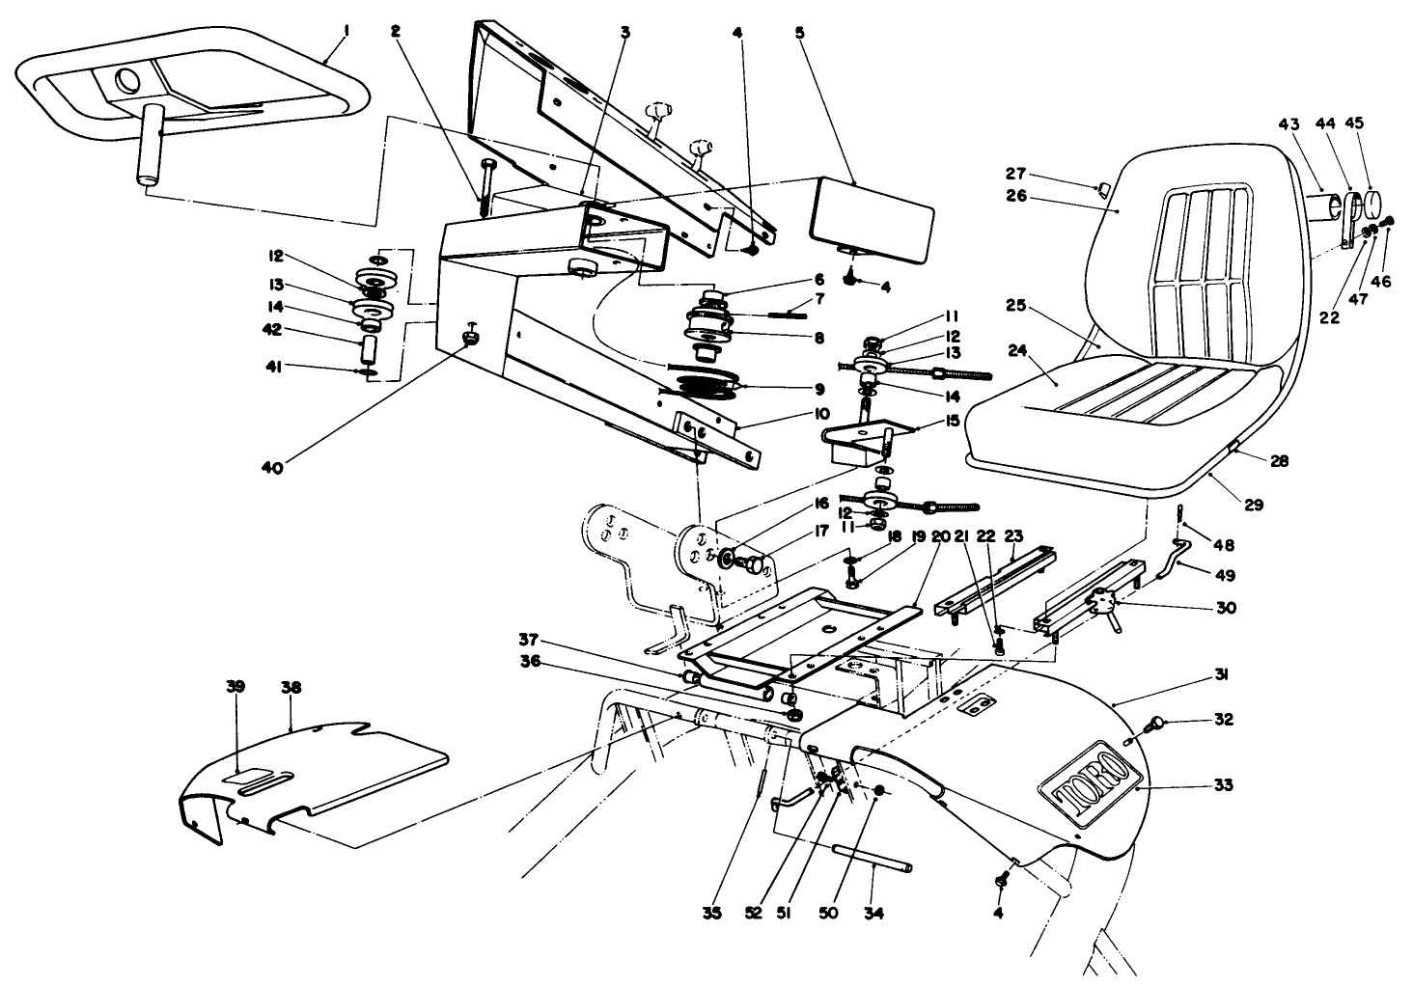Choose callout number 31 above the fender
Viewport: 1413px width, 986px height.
1220,677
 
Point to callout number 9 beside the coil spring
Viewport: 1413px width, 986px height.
818,389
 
